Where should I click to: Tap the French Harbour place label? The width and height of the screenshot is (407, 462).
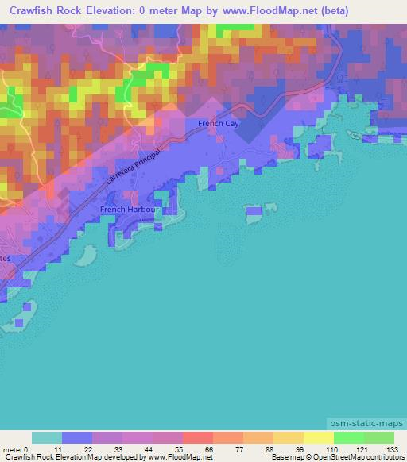124,210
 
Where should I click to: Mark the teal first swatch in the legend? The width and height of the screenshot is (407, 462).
47,437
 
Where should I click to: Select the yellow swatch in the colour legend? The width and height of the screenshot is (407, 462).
318,437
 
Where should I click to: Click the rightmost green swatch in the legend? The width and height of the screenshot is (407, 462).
379,437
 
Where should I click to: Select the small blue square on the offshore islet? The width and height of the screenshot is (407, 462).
254,211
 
